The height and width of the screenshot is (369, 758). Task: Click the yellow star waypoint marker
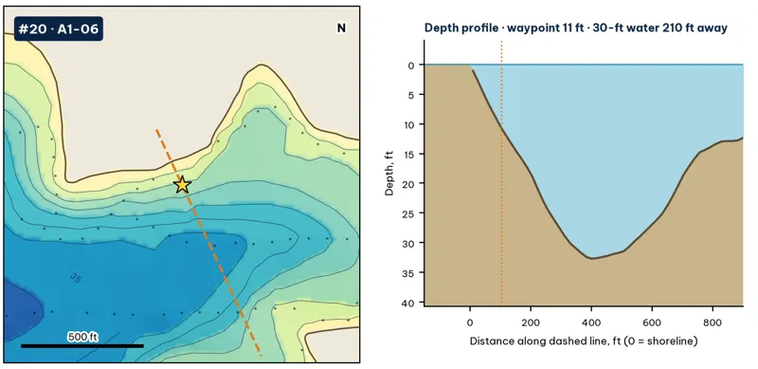pyautogui.click(x=182, y=184)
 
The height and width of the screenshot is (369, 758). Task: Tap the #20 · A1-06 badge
pyautogui.click(x=59, y=29)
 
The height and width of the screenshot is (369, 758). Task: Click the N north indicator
pyautogui.click(x=341, y=28)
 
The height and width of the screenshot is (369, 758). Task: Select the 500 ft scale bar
pyautogui.click(x=82, y=345)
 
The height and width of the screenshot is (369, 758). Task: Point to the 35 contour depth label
pyautogui.click(x=76, y=278)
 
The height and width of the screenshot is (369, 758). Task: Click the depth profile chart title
pyautogui.click(x=576, y=28)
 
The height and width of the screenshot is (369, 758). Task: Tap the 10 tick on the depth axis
pyautogui.click(x=410, y=124)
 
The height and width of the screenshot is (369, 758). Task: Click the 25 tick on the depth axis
pyautogui.click(x=410, y=213)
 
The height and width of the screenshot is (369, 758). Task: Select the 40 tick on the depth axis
pyautogui.click(x=410, y=304)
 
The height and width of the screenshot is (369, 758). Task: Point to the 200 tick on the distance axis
pyautogui.click(x=531, y=322)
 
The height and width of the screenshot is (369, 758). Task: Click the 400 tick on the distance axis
pyautogui.click(x=591, y=322)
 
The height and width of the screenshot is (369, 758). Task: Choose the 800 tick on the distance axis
pyautogui.click(x=713, y=322)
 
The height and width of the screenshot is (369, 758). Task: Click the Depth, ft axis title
pyautogui.click(x=389, y=173)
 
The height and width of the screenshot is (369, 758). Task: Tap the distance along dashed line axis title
pyautogui.click(x=584, y=341)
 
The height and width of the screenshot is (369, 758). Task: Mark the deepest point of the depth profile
pyautogui.click(x=591, y=258)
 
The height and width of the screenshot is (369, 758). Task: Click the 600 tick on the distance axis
pyautogui.click(x=652, y=322)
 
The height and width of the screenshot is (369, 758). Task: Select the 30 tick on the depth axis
pyautogui.click(x=410, y=243)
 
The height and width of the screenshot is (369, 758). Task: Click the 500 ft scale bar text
pyautogui.click(x=82, y=337)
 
